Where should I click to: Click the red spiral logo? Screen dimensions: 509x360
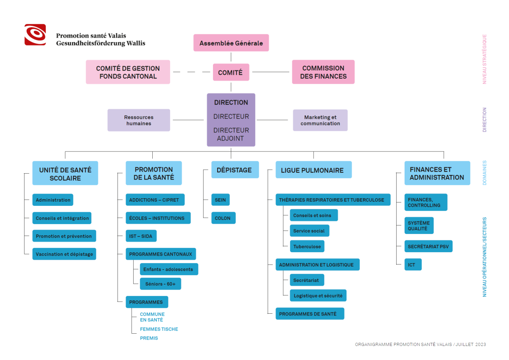pyautogui.click(x=35, y=34)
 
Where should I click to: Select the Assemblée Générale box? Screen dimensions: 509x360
pyautogui.click(x=231, y=43)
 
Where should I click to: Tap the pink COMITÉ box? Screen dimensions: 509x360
pyautogui.click(x=231, y=72)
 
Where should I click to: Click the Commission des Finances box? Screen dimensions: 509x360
pyautogui.click(x=323, y=72)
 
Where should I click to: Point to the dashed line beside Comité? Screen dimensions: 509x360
pyautogui.click(x=192, y=72)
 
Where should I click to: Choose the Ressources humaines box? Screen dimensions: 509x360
pyautogui.click(x=139, y=120)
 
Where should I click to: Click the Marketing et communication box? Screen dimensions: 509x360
pyautogui.click(x=320, y=120)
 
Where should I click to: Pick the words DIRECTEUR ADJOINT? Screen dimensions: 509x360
pyautogui.click(x=231, y=134)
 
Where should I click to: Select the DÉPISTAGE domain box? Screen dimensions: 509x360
pyautogui.click(x=235, y=170)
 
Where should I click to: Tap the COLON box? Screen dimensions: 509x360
pyautogui.click(x=224, y=218)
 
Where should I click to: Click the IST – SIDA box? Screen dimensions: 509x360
pyautogui.click(x=141, y=236)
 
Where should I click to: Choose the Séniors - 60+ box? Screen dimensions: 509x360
pyautogui.click(x=160, y=284)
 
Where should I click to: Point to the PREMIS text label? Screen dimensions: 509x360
pyautogui.click(x=149, y=338)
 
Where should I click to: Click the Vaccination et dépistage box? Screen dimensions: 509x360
pyautogui.click(x=64, y=254)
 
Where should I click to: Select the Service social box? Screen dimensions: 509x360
pyautogui.click(x=310, y=231)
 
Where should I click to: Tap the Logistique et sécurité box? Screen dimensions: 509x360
pyautogui.click(x=318, y=295)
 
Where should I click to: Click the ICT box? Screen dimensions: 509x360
pyautogui.click(x=413, y=264)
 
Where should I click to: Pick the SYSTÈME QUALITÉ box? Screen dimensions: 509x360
pyautogui.click(x=419, y=225)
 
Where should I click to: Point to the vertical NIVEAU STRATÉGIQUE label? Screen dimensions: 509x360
pyautogui.click(x=484, y=59)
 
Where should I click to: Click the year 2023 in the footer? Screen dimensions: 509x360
pyautogui.click(x=480, y=344)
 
